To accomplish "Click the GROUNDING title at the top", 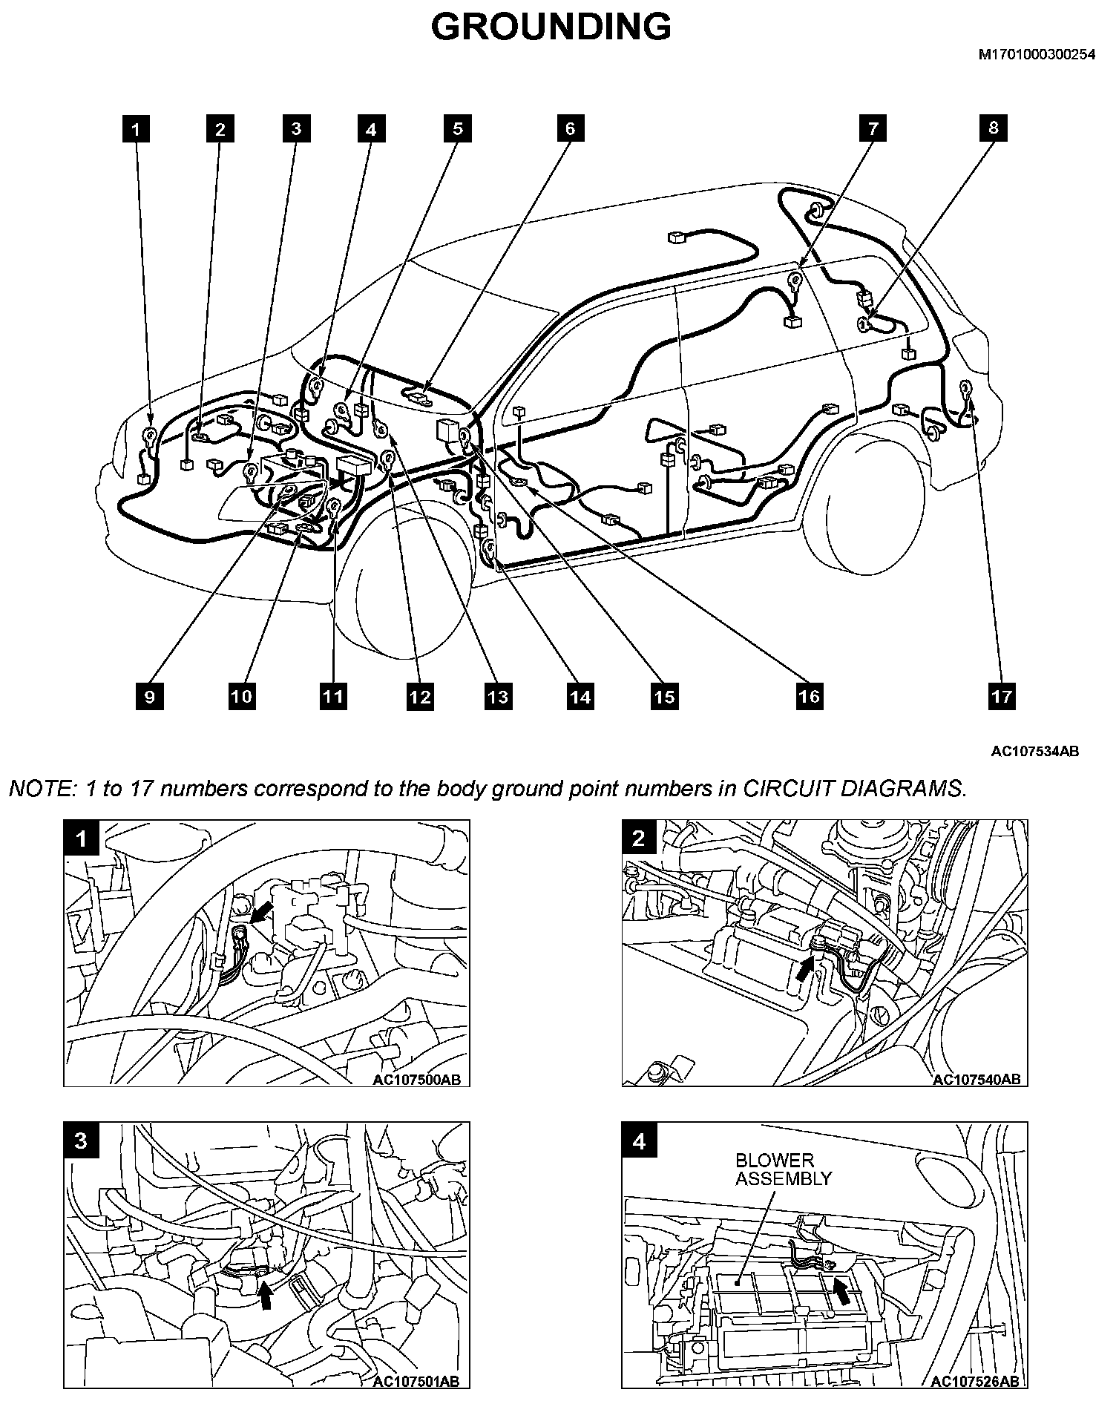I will coord(551,27).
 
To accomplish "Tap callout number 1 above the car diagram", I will coord(136,129).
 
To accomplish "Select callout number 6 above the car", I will coord(570,128).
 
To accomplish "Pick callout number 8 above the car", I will coord(994,128).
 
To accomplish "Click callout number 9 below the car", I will coord(150,696).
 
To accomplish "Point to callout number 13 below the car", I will coord(498,696).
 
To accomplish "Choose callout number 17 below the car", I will coord(1001,696).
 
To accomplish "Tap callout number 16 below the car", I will coord(809,696).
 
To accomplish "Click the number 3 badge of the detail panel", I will coord(81,1141).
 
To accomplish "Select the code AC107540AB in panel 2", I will coord(976,1079).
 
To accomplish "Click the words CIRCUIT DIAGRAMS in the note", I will coord(853,788).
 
